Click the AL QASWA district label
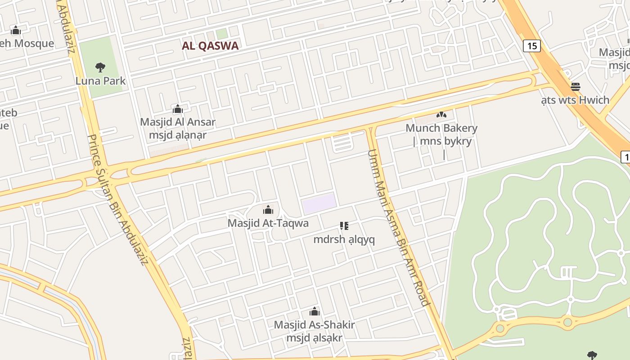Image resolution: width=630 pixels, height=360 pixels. click(x=210, y=45)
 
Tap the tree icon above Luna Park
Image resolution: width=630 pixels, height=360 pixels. click(x=100, y=68)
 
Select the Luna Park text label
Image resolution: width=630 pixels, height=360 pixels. click(x=100, y=81)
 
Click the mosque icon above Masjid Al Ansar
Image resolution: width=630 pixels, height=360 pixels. click(x=178, y=109)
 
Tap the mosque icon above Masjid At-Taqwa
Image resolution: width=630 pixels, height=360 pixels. click(x=268, y=210)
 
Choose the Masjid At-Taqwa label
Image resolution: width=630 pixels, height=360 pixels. click(x=268, y=223)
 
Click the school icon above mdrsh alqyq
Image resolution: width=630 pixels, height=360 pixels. click(x=344, y=226)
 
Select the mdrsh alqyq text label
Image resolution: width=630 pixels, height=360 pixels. click(x=344, y=239)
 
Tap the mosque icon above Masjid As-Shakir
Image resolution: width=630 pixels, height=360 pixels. click(x=315, y=311)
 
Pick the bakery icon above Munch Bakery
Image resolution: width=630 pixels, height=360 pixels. click(x=441, y=115)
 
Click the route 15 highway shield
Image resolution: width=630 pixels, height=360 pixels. click(x=531, y=45)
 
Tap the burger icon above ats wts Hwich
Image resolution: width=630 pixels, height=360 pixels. click(x=576, y=86)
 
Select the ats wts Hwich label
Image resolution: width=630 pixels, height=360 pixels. click(x=576, y=100)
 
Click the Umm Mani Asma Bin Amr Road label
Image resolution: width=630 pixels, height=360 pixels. click(x=399, y=227)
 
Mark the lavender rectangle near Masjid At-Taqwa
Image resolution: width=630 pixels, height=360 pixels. click(x=319, y=203)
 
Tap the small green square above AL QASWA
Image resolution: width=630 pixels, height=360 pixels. click(x=221, y=34)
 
